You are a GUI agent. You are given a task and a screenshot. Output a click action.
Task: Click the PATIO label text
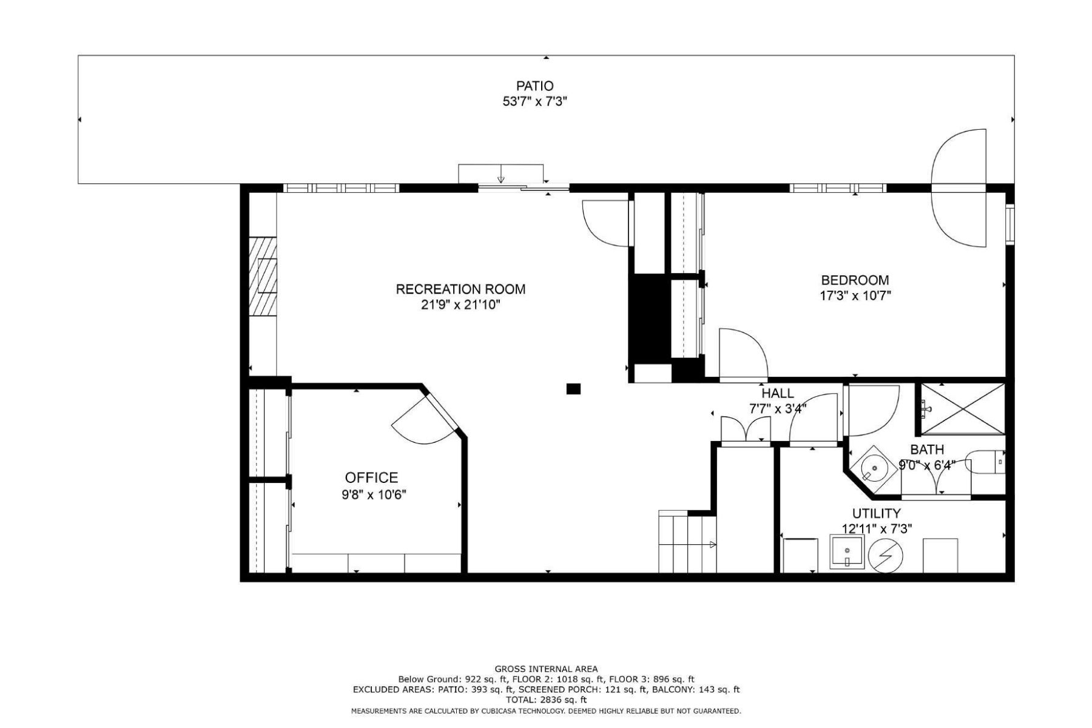click(534, 86)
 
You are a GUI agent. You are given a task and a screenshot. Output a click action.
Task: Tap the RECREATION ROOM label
click(460, 289)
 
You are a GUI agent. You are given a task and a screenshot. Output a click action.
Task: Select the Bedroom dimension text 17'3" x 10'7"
click(855, 296)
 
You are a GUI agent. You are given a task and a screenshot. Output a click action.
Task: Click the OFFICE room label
click(371, 477)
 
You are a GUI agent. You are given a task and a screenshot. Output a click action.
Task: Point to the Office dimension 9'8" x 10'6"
click(374, 494)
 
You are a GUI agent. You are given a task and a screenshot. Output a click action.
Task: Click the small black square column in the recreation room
click(573, 389)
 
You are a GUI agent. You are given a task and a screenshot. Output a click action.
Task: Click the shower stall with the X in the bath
click(962, 409)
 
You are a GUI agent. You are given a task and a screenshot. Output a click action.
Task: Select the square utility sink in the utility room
click(847, 552)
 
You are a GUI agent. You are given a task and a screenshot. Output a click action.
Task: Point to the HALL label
click(778, 393)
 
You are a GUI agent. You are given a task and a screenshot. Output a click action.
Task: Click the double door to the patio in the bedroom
click(959, 188)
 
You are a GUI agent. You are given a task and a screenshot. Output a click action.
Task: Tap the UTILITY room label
click(876, 513)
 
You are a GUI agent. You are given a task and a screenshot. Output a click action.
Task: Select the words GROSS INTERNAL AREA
click(546, 669)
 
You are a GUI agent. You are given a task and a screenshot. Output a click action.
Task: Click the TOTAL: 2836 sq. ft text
click(546, 699)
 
